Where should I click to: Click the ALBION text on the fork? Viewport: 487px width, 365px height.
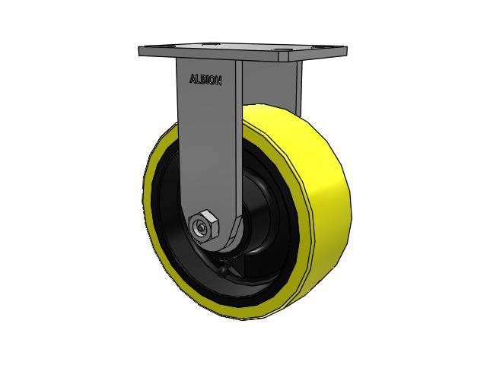click(x=205, y=79)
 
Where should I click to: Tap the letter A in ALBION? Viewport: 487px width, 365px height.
click(x=192, y=78)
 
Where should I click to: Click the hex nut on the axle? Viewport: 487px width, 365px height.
click(x=205, y=226)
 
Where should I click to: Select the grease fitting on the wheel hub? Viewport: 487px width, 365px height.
click(x=221, y=269)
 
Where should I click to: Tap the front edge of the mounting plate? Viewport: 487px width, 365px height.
click(x=228, y=58)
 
